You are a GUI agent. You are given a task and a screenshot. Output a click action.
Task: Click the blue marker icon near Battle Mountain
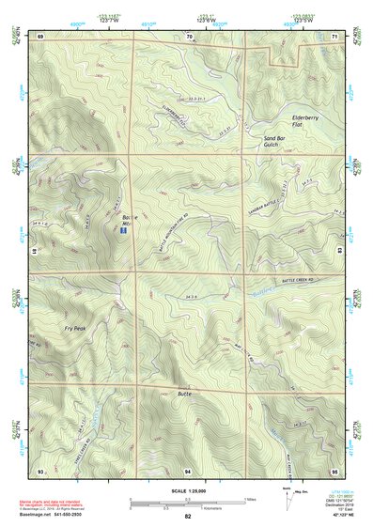124,229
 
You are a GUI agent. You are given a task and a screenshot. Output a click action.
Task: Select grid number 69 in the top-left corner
40,36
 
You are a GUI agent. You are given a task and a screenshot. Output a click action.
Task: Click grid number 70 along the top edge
189,36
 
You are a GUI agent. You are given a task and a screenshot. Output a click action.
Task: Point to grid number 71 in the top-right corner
335,36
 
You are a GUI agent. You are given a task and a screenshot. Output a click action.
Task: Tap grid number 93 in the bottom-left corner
40,470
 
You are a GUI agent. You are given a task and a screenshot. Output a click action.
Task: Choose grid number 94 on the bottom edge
188,470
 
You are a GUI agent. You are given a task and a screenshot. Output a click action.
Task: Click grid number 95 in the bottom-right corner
335,470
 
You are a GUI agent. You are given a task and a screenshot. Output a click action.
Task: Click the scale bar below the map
187,501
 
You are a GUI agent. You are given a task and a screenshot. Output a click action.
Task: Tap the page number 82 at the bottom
188,518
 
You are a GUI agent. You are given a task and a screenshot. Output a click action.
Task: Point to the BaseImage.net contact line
58,516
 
